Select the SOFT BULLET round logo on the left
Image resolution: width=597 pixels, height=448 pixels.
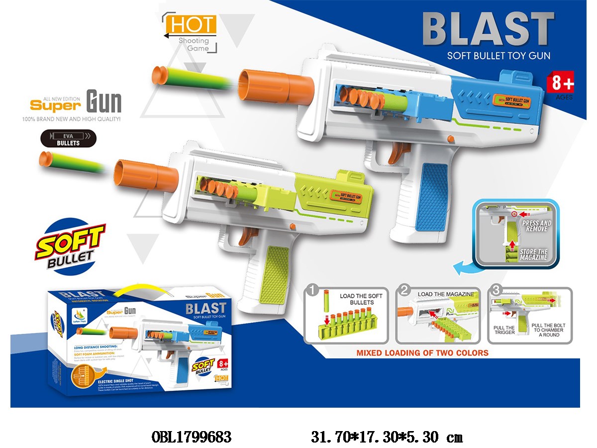point(70,244)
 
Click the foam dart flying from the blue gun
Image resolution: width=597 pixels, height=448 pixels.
point(189,77)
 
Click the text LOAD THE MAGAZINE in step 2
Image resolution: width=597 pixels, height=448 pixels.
point(445,294)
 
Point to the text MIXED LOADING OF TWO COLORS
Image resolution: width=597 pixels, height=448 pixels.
point(422,353)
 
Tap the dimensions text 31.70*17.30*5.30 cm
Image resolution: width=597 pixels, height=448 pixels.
point(387,438)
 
